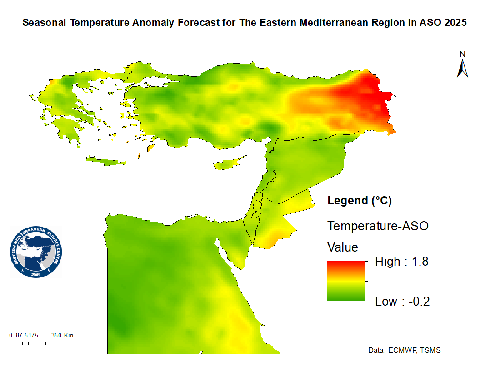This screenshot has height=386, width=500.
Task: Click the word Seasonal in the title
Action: point(44,23)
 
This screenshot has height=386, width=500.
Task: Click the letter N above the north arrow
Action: point(463,54)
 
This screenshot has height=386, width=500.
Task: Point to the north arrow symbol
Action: point(463,69)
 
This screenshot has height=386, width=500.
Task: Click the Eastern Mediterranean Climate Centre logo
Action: point(36,252)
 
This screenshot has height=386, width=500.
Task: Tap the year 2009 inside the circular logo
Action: point(36,275)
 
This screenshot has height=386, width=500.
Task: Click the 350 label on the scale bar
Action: point(56,336)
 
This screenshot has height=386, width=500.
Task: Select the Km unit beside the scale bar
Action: point(69,336)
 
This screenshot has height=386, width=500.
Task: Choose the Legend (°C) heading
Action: point(360,200)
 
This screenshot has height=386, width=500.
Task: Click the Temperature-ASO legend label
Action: point(378,226)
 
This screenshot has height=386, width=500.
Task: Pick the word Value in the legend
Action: point(343,247)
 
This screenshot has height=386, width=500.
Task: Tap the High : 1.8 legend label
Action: point(402,262)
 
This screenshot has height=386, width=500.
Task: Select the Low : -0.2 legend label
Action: point(402,302)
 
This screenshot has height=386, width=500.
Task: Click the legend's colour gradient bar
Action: point(346,281)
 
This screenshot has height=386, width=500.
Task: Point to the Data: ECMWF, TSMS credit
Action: point(405,351)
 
